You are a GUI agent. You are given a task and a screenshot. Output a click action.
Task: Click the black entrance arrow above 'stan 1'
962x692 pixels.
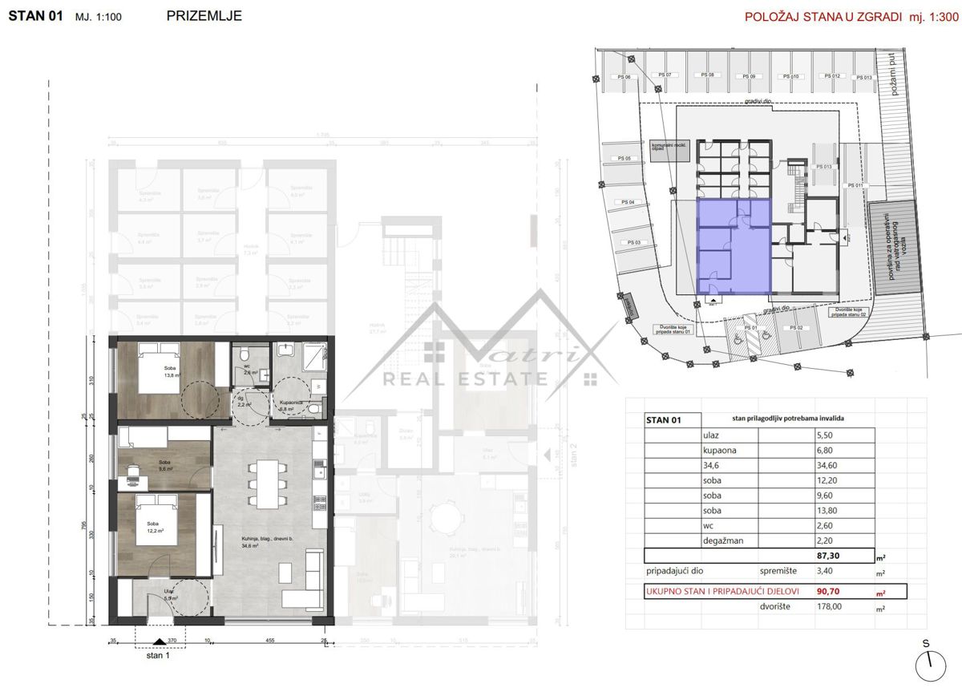[160, 641]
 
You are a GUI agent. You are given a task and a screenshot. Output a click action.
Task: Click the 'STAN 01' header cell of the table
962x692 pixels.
[662, 419]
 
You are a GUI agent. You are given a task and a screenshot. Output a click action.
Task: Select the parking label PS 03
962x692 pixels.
[633, 242]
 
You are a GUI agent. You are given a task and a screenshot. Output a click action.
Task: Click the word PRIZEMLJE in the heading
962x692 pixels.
[204, 15]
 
